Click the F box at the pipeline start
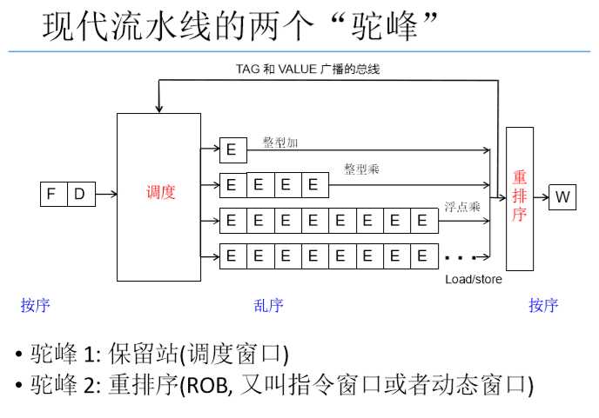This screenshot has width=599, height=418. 52,196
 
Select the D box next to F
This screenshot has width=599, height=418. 80,196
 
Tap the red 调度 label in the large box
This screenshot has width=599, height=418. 161,193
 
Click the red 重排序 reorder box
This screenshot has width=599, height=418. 519,197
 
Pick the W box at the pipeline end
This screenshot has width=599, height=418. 563,197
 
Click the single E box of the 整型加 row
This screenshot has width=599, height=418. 232,150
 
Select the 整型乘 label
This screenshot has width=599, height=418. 361,169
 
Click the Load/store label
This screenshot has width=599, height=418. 474,279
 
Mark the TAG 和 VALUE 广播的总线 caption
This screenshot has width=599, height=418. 308,69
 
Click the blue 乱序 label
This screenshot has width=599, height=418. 268,305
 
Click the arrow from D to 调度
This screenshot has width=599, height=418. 105,196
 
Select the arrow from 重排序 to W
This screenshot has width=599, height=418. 541,197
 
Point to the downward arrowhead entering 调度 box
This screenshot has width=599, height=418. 158,109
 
